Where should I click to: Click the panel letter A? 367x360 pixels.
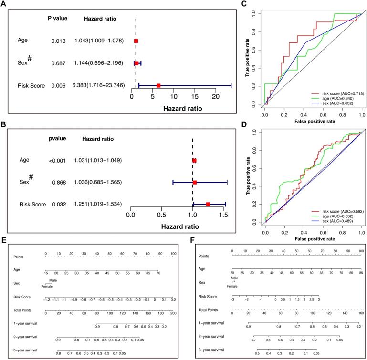pos(4,4)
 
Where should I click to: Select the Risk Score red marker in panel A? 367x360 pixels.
pos(158,86)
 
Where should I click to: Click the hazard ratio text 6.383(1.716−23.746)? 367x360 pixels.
pos(100,86)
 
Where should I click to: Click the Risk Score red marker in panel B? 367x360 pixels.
pos(208,204)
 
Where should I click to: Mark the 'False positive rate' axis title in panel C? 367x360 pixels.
pos(312,121)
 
